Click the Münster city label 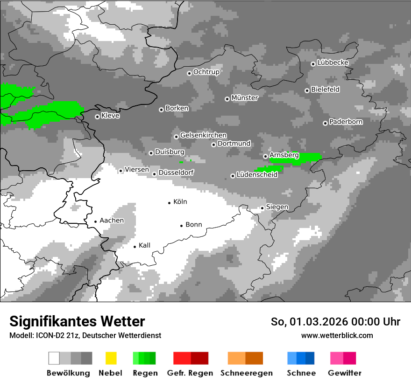click(245, 98)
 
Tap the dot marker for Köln click(170, 202)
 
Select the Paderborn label click(346, 122)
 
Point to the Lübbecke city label click(333, 62)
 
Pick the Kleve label click(111, 116)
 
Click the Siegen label click(277, 207)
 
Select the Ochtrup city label click(206, 72)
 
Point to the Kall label click(145, 245)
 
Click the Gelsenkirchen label click(204, 135)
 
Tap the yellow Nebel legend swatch click(111, 358)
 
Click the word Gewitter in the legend click(345, 373)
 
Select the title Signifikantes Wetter click(77, 322)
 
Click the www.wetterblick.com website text click(337, 335)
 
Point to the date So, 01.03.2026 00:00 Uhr click(335, 322)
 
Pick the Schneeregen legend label click(247, 373)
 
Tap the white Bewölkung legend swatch click(54, 358)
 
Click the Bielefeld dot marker click(307, 90)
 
